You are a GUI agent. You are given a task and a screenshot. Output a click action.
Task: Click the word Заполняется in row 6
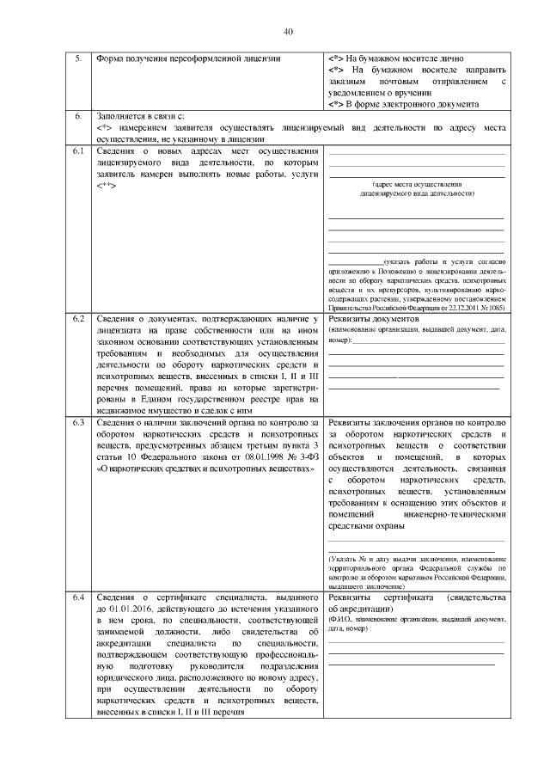coord(120,115)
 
